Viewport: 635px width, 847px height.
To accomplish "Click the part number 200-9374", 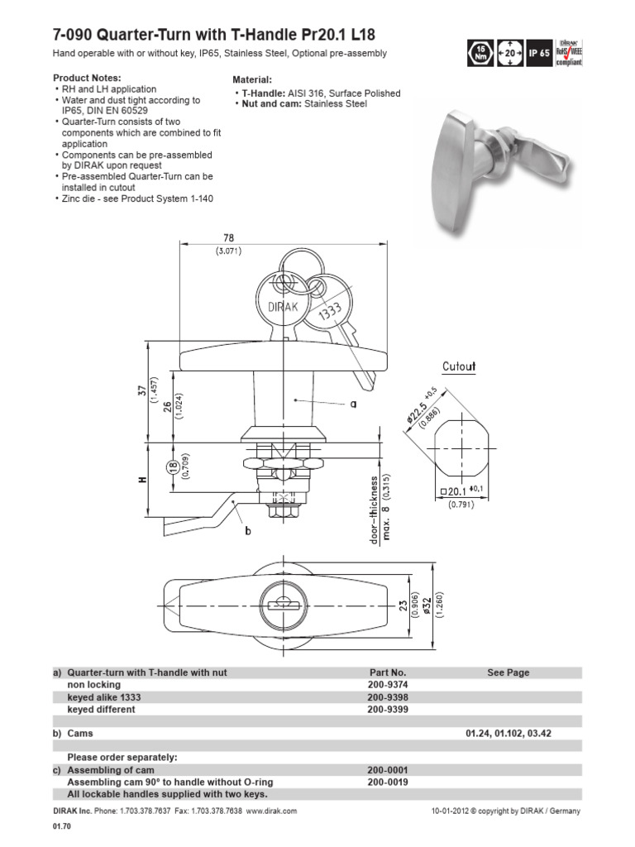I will (x=387, y=685).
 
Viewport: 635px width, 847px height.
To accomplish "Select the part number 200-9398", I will (x=387, y=697).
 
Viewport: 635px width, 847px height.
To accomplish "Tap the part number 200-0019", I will (x=387, y=782).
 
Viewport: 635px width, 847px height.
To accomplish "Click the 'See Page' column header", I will (x=508, y=672).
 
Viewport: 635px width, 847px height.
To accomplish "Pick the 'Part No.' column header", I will (x=387, y=672).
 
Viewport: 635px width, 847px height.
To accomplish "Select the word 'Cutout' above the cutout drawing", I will (x=459, y=366).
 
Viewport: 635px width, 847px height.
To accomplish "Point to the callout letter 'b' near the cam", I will (x=247, y=532).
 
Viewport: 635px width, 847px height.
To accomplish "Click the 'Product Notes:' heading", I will (x=88, y=77).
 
